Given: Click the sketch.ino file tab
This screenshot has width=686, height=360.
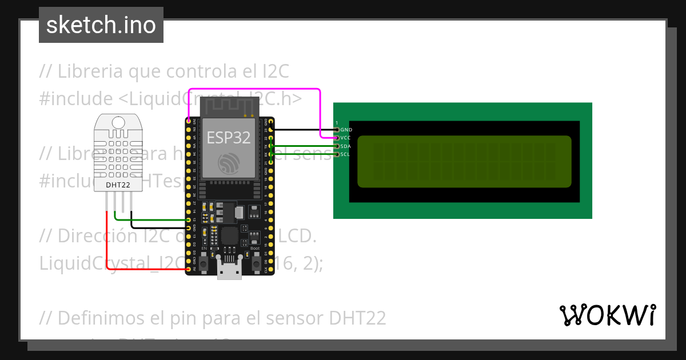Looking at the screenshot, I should (101, 25).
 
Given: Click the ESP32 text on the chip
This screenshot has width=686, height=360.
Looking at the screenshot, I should (228, 137).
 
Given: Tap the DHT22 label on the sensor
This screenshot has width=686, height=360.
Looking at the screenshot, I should (118, 185).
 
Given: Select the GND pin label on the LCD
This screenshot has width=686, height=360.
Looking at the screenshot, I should (345, 130).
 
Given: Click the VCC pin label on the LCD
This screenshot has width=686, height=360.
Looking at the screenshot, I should (345, 138).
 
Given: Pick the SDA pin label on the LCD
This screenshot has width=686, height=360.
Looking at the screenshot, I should (345, 146).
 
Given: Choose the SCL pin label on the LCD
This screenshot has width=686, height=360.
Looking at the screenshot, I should (345, 154).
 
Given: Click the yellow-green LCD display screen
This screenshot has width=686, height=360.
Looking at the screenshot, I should (464, 161).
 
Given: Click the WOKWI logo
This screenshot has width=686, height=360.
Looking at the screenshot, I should (607, 315).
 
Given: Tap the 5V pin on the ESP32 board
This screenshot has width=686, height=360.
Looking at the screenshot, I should (189, 268).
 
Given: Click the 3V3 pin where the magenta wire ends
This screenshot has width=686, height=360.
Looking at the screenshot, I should (189, 121).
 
